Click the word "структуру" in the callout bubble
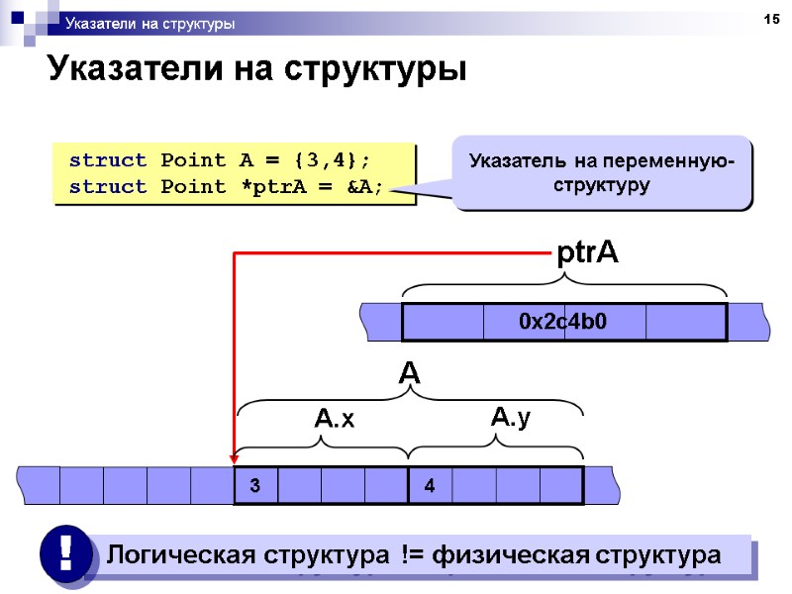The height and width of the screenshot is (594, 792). pos(601,185)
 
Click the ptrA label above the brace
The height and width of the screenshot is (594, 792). pos(587,253)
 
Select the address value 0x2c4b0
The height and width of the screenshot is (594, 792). pos(563,322)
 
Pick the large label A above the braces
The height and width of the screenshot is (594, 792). pos(409,374)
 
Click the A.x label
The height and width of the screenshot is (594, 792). pos(334,420)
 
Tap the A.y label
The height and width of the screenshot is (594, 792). pos(511,418)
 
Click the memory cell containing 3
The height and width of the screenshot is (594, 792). pos(254,486)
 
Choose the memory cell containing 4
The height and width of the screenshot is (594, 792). pos(429,486)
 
